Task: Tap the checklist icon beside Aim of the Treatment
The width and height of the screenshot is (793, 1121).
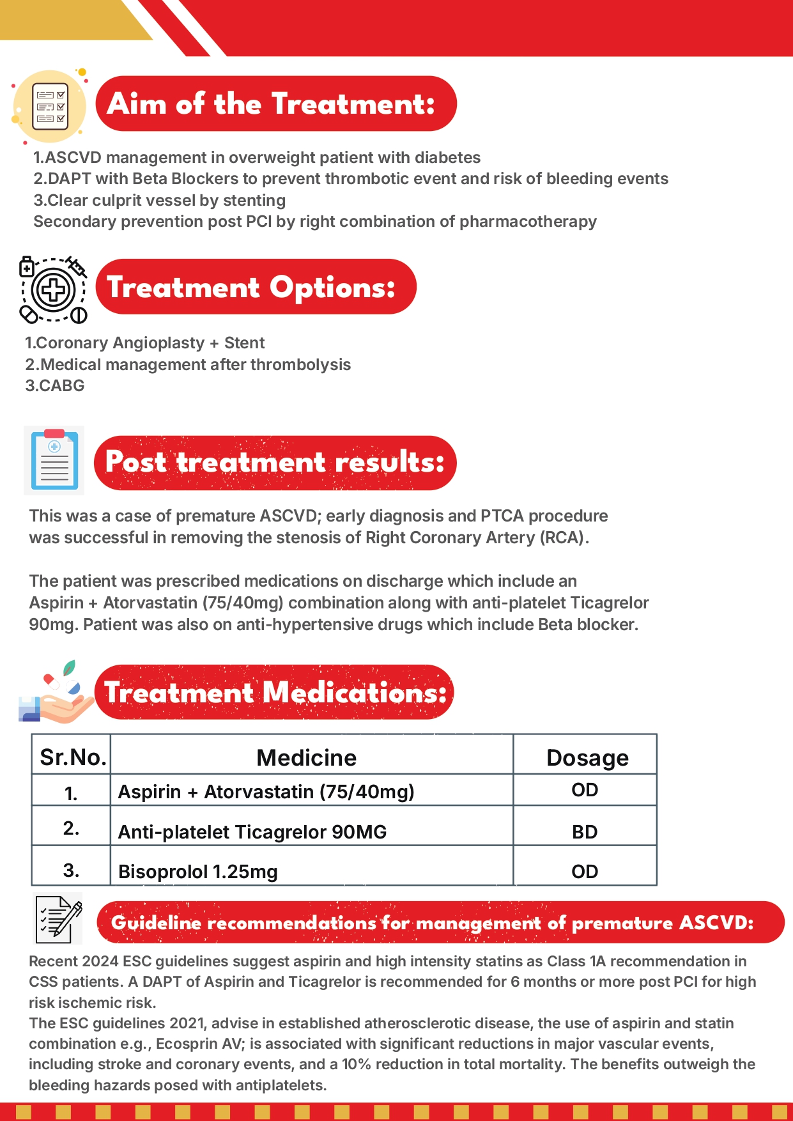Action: pos(50,107)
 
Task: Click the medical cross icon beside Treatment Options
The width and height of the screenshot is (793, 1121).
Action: pos(54,290)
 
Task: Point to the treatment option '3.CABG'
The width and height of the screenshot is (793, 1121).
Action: pos(55,386)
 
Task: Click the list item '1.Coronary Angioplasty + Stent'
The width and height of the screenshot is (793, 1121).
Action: pos(144,343)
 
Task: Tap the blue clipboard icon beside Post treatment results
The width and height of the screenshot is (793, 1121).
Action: pos(54,460)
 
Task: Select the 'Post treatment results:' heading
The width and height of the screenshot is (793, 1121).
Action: pos(275,463)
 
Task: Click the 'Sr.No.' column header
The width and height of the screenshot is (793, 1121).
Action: pos(72,757)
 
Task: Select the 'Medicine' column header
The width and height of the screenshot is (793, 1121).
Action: pos(307,758)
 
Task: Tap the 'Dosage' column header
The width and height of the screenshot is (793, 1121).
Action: pos(587,758)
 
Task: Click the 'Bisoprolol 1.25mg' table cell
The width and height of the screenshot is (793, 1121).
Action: pos(198,872)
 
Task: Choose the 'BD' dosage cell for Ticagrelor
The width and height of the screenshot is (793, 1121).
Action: pos(585,832)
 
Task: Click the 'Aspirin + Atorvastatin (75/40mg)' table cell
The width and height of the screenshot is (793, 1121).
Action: pos(266,792)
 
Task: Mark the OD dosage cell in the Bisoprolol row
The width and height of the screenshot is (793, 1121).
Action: pos(585,872)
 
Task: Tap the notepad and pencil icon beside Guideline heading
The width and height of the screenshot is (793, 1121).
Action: pos(58,919)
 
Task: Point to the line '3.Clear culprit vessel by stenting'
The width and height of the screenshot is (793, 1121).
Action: pos(160,201)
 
